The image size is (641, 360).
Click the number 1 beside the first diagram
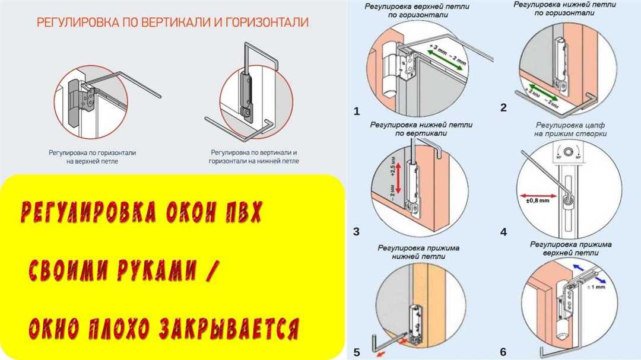tap(356, 111)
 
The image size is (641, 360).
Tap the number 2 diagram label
tap(503, 107)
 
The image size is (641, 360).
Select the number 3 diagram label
tap(356, 231)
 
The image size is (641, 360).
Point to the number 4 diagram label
tap(503, 232)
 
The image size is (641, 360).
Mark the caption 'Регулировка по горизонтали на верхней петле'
tap(92, 157)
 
